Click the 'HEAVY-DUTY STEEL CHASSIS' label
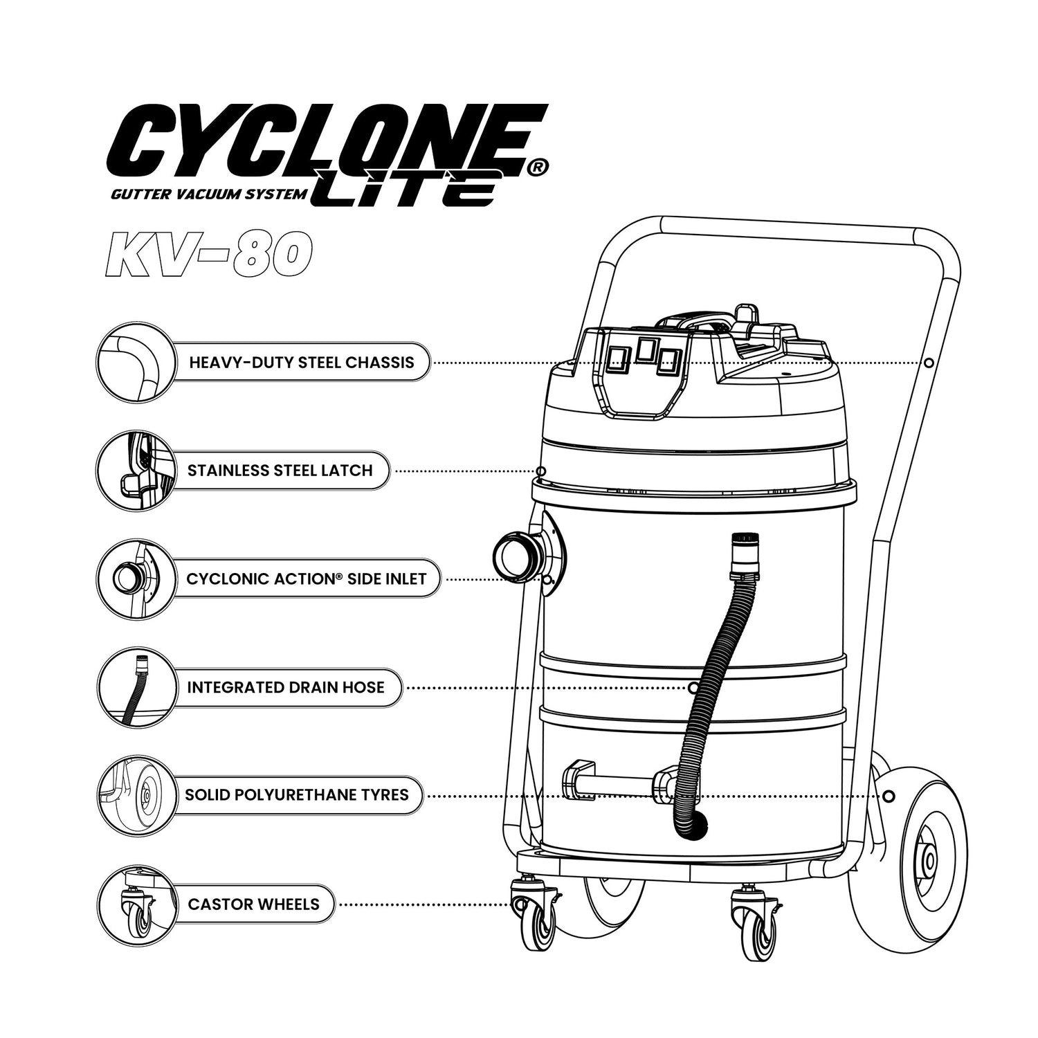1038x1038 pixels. click(302, 363)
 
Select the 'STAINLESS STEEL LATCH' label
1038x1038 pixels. click(280, 471)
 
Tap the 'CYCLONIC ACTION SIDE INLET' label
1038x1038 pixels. click(307, 579)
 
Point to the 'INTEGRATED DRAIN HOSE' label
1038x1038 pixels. click(286, 687)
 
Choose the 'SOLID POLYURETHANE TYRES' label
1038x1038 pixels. click(297, 794)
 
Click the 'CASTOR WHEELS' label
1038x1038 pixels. click(254, 904)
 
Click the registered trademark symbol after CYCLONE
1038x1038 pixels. click(540, 166)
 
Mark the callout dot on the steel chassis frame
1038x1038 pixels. click(929, 363)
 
